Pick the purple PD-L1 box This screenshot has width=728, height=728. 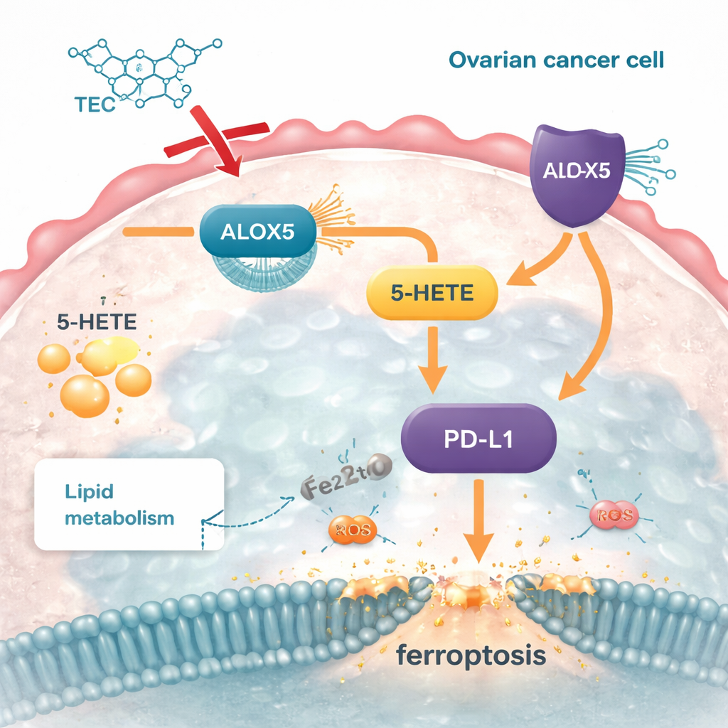pyautogui.click(x=479, y=439)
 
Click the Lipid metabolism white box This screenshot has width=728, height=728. pyautogui.click(x=128, y=504)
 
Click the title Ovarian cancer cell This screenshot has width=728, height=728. pyautogui.click(x=557, y=60)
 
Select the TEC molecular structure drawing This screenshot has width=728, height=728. pyautogui.click(x=142, y=71)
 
